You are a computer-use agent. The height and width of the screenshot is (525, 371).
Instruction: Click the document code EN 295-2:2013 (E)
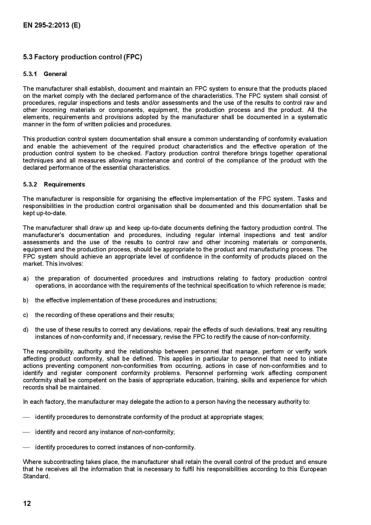click(x=51, y=25)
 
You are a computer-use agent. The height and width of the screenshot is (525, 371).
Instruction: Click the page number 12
click(x=27, y=503)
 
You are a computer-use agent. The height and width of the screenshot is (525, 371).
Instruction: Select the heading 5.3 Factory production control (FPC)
click(x=82, y=57)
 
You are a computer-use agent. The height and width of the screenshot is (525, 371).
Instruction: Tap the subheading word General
click(x=55, y=74)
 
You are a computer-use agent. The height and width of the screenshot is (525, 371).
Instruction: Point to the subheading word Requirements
click(x=64, y=184)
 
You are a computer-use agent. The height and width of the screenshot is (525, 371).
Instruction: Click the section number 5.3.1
click(x=30, y=74)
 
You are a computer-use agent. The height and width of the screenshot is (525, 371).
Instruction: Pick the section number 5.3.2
click(x=30, y=184)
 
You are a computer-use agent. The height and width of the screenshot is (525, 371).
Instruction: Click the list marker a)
click(x=26, y=278)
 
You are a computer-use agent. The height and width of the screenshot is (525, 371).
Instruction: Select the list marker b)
click(x=26, y=300)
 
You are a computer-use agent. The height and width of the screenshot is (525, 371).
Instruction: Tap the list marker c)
click(x=26, y=315)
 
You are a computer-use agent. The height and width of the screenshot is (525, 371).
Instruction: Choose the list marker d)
click(x=26, y=330)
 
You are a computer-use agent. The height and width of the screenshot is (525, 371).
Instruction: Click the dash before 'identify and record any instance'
click(x=26, y=432)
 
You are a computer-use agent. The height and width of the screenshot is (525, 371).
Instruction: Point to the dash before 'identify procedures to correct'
click(x=26, y=447)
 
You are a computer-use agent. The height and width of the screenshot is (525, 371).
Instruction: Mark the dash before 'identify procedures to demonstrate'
click(x=26, y=417)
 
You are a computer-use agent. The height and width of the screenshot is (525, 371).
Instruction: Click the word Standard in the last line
click(x=36, y=476)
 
